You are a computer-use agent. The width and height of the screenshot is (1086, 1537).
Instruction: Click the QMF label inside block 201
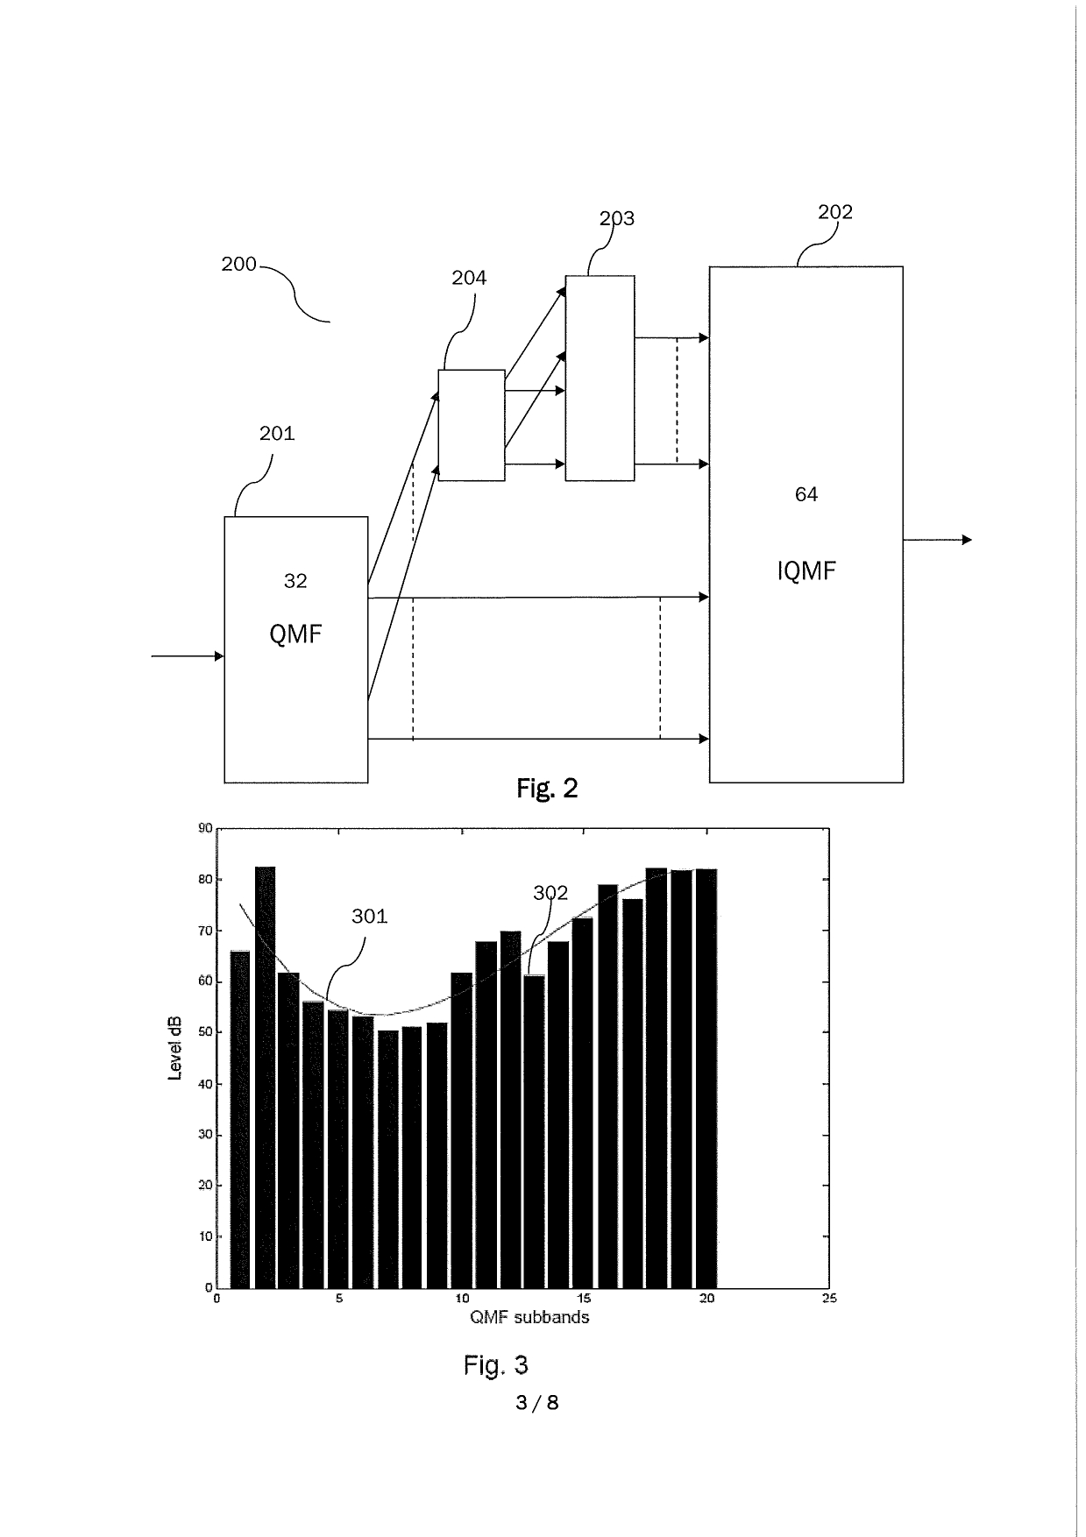295,634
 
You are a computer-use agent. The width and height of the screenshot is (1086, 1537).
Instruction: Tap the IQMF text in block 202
806,571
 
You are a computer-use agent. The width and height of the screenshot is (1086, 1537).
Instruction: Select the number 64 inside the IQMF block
806,494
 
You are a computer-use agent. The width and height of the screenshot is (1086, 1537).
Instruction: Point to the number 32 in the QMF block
295,580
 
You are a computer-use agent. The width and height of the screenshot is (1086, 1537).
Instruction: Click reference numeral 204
469,278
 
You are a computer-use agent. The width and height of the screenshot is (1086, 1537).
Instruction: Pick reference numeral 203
616,218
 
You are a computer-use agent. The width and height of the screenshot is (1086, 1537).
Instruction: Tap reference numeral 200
238,264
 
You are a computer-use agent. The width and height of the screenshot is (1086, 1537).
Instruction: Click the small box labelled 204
472,425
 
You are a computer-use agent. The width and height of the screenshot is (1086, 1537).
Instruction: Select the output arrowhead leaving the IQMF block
967,540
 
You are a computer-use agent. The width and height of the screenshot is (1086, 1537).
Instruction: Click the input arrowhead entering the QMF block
218,655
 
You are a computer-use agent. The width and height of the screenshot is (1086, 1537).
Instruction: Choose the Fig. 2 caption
547,789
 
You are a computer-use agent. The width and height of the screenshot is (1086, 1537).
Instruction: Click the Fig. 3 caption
495,1364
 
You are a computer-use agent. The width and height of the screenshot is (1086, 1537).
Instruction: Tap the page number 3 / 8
537,1403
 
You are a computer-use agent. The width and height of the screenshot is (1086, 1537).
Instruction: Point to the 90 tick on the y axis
205,828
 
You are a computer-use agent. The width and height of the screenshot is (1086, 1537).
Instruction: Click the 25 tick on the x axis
828,1299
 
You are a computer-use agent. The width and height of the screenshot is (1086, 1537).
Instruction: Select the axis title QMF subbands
529,1317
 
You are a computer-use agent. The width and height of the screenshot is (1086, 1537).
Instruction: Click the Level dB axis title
175,1048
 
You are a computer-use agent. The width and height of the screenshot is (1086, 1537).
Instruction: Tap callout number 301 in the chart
369,916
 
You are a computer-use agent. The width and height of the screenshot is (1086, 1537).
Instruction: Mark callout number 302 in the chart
550,893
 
